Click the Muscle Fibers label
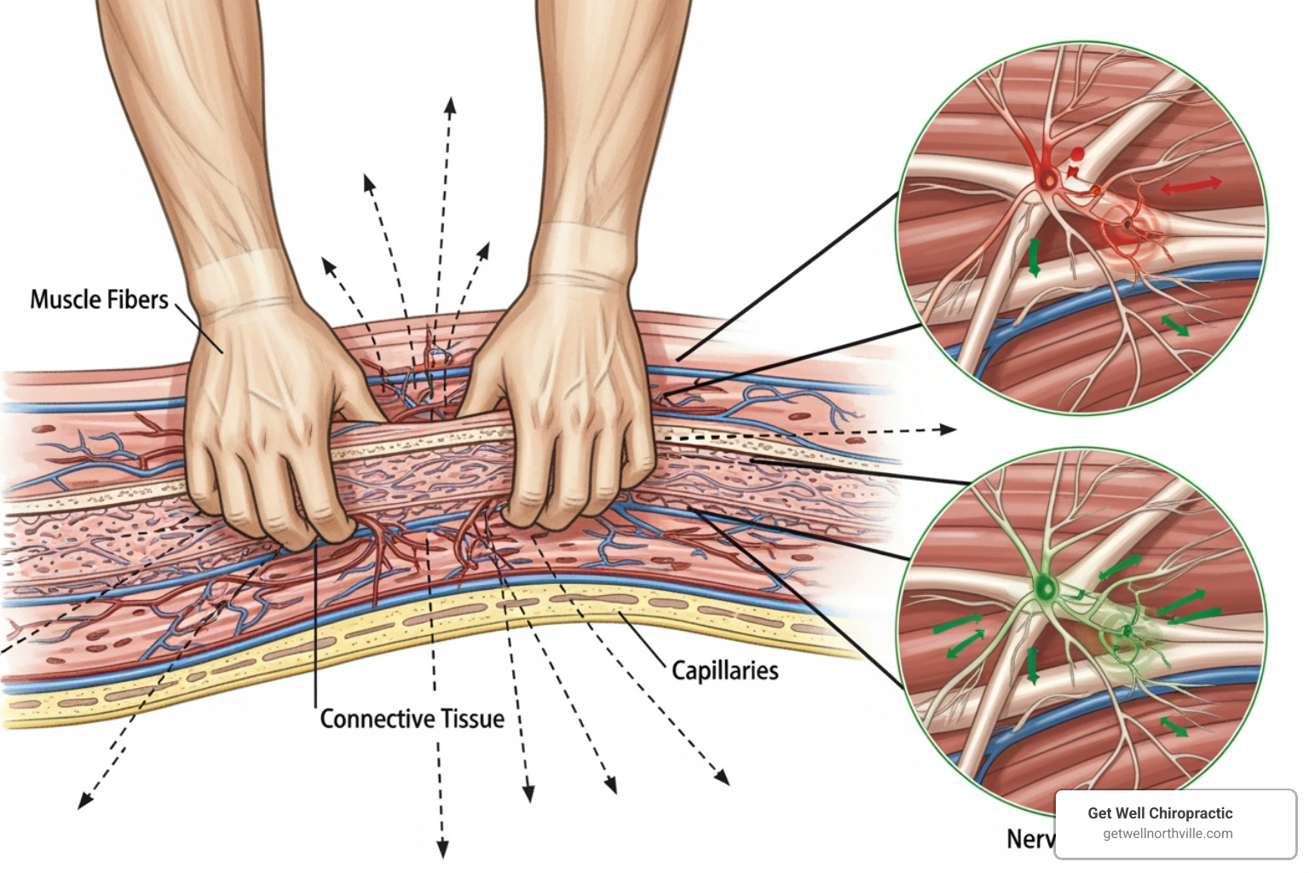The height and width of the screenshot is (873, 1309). pyautogui.click(x=99, y=299)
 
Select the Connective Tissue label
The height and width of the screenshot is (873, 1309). pyautogui.click(x=412, y=719)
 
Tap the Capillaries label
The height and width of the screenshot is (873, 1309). pyautogui.click(x=724, y=670)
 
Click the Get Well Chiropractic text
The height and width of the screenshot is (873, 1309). pyautogui.click(x=1159, y=812)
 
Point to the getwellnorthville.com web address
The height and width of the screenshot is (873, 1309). pyautogui.click(x=1167, y=834)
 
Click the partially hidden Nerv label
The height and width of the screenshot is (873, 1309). pyautogui.click(x=1029, y=839)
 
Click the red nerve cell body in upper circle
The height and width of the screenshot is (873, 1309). pyautogui.click(x=1047, y=178)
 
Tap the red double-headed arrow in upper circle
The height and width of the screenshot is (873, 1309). pyautogui.click(x=1191, y=185)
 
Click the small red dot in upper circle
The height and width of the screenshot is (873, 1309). pyautogui.click(x=1077, y=154)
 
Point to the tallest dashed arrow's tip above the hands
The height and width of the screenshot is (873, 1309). pyautogui.click(x=450, y=104)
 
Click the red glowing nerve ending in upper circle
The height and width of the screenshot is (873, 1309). pyautogui.click(x=1129, y=226)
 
